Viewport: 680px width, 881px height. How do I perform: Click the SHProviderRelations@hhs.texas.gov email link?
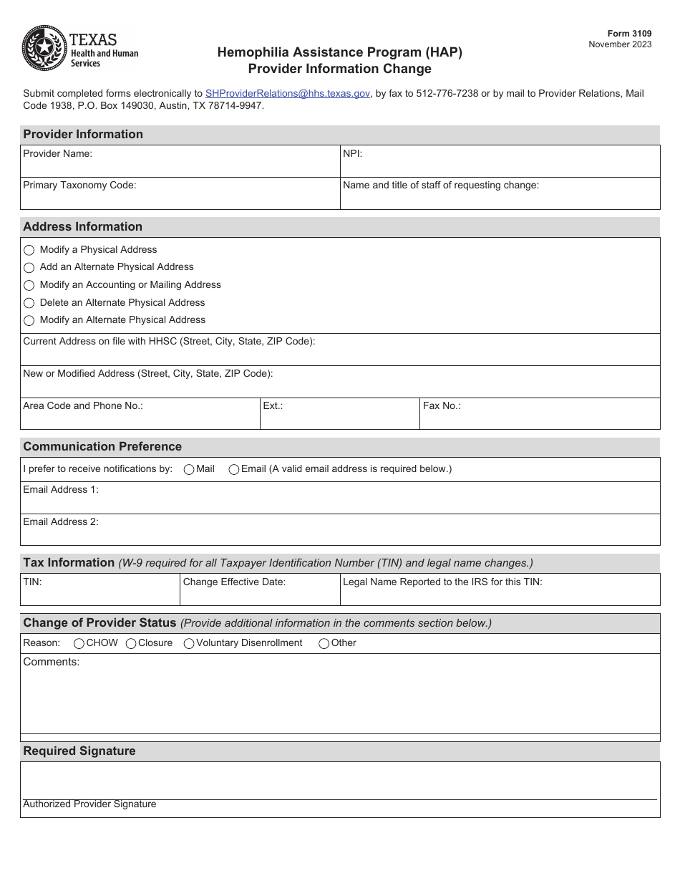[x=287, y=93]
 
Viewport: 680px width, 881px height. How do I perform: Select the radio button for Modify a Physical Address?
[x=29, y=250]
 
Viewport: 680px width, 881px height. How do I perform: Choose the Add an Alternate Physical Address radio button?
[x=29, y=267]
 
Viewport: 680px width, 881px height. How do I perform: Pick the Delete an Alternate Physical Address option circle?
[x=29, y=303]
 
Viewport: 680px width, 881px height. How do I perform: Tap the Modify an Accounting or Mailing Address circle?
[x=29, y=285]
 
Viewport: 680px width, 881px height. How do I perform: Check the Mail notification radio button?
[x=189, y=470]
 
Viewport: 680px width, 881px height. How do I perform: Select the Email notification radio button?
[x=234, y=470]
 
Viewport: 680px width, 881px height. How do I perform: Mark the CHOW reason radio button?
[x=79, y=644]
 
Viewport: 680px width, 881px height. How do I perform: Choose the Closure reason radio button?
[x=131, y=644]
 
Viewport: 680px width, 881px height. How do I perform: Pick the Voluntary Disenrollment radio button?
[x=189, y=644]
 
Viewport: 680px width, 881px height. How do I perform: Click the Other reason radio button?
[x=324, y=644]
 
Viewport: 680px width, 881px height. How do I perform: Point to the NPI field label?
[x=353, y=153]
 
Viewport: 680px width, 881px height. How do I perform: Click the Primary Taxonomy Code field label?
[x=79, y=185]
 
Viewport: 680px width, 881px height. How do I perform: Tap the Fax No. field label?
[x=442, y=405]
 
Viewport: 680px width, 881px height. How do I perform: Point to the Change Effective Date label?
[x=234, y=582]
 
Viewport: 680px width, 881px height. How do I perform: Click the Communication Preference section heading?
[x=102, y=446]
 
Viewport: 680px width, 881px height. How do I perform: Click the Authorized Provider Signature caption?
[x=89, y=804]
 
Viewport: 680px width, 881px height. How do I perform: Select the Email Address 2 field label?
[x=61, y=521]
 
